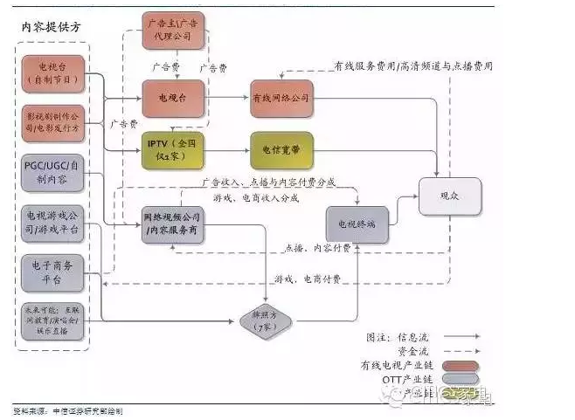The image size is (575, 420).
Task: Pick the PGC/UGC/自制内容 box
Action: click(52, 174)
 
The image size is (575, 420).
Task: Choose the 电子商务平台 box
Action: click(52, 273)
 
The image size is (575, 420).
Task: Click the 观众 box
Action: click(449, 196)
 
